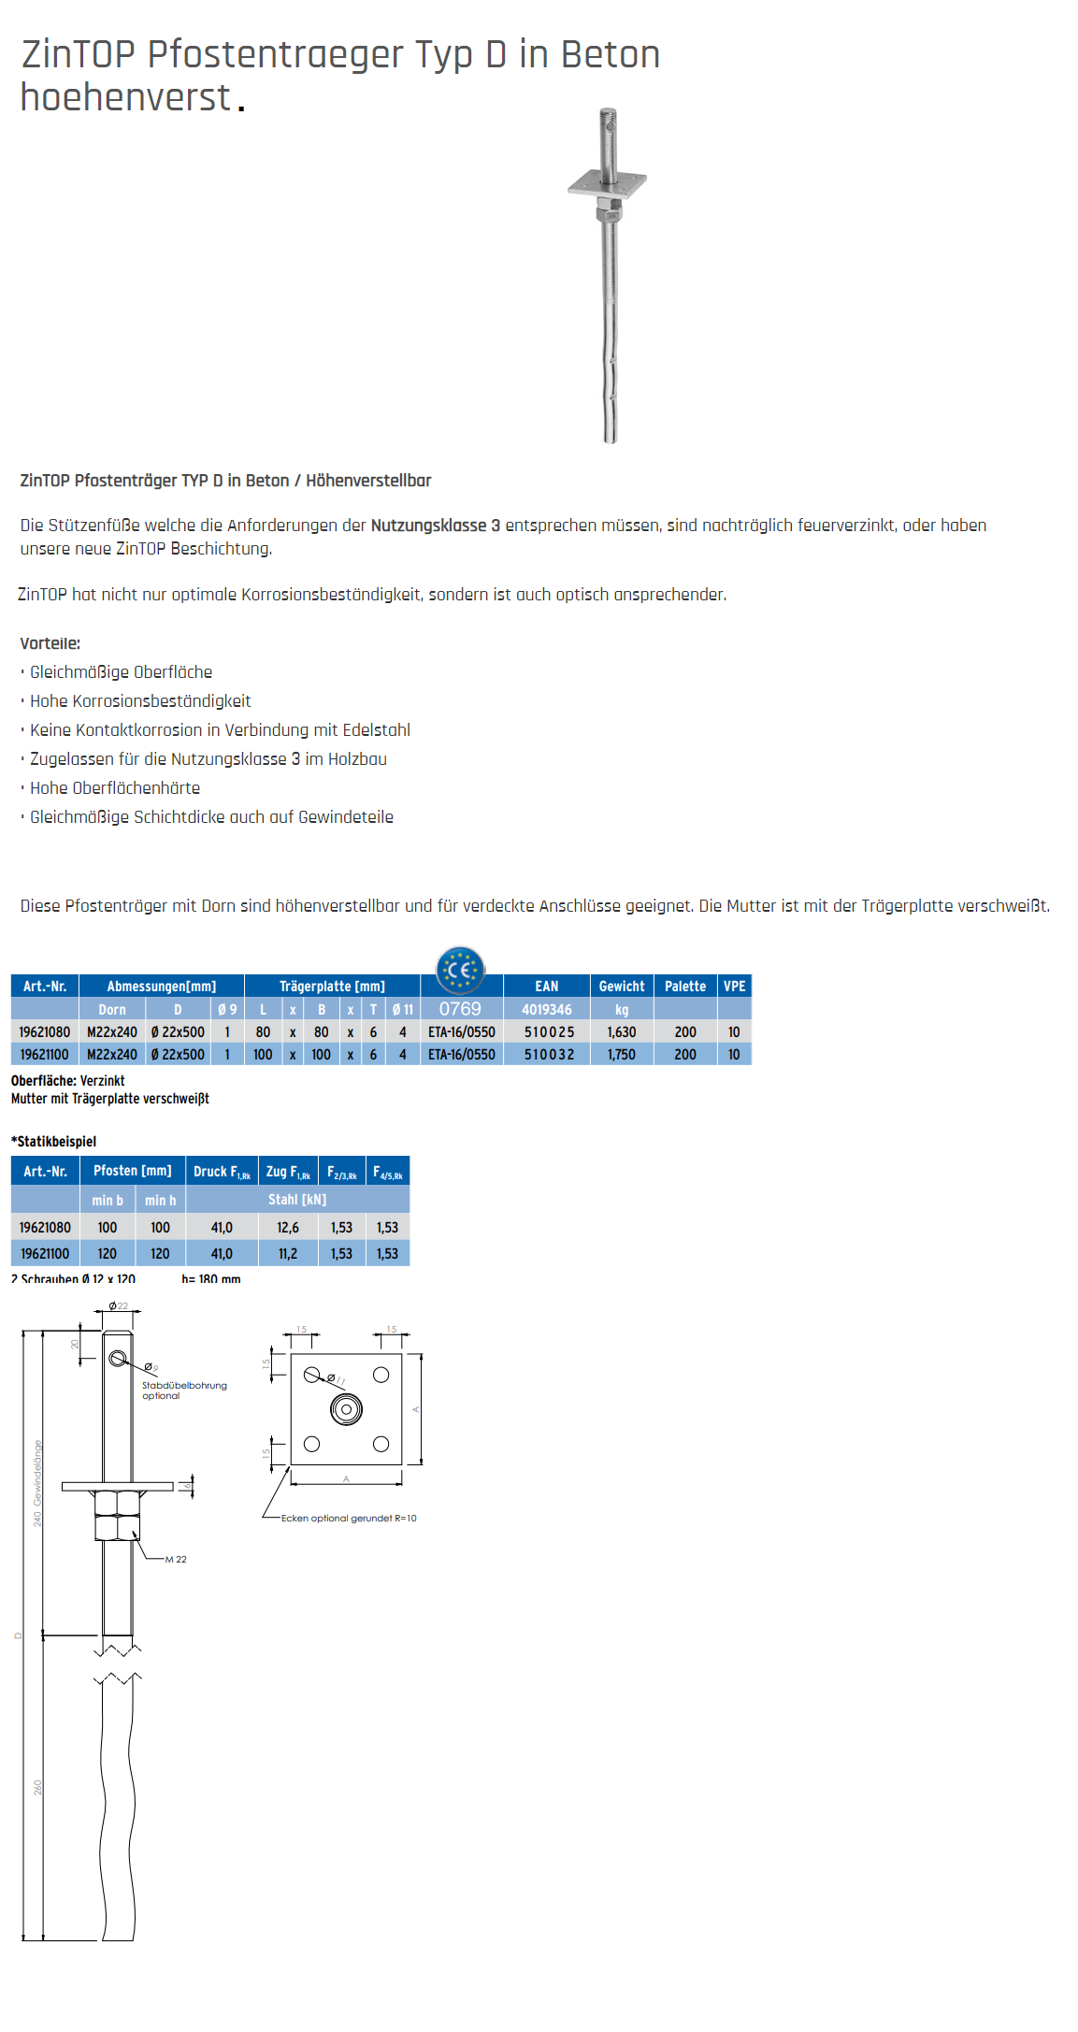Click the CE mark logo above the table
click(460, 970)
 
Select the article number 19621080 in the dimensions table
click(45, 1032)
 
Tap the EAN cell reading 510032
click(549, 1055)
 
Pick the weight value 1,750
click(622, 1055)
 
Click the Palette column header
click(685, 987)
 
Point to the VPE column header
click(735, 987)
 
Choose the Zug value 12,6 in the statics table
click(288, 1228)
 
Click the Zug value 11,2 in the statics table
click(288, 1254)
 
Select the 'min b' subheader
click(108, 1201)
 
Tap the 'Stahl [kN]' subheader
click(297, 1200)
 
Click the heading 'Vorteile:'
click(50, 643)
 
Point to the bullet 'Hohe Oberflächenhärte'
click(115, 788)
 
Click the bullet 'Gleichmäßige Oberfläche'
click(121, 672)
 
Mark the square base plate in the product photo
click(607, 184)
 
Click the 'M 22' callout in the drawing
click(176, 1560)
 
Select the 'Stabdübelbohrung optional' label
click(184, 1391)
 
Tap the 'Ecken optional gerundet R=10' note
click(349, 1519)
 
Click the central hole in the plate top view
click(346, 1409)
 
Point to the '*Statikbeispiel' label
click(54, 1142)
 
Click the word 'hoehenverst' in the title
click(125, 98)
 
